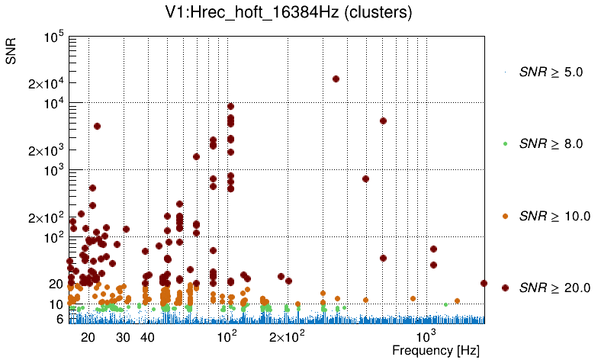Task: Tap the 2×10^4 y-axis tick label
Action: click(47, 83)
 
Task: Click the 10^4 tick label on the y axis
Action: click(53, 104)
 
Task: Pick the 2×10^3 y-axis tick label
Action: click(47, 150)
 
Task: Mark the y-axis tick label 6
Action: click(59, 320)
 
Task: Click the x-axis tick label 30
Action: click(123, 336)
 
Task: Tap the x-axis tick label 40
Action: click(148, 336)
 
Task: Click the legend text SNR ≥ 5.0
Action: click(550, 72)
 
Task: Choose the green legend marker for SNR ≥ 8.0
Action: click(505, 143)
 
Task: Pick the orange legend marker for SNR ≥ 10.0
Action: click(505, 216)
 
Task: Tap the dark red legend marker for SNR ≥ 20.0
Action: click(505, 288)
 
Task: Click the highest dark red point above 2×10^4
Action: click(336, 79)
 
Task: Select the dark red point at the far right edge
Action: click(484, 283)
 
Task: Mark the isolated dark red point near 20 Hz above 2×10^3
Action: click(97, 126)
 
